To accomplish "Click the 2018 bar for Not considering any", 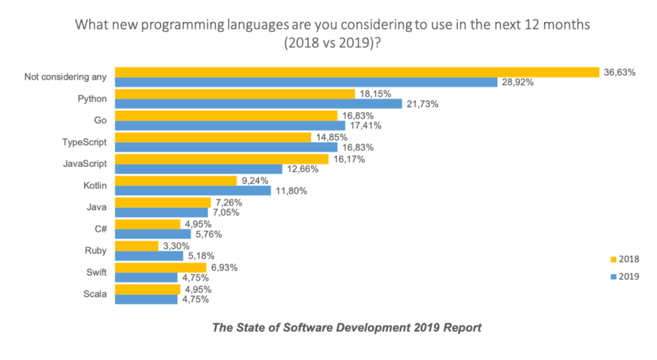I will [356, 72].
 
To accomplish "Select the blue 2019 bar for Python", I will [258, 104].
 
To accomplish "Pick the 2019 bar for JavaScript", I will [198, 169].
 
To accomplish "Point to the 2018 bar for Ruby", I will [136, 246].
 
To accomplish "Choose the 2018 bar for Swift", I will [160, 267].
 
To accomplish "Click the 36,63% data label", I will [619, 73].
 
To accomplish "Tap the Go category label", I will [101, 121].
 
